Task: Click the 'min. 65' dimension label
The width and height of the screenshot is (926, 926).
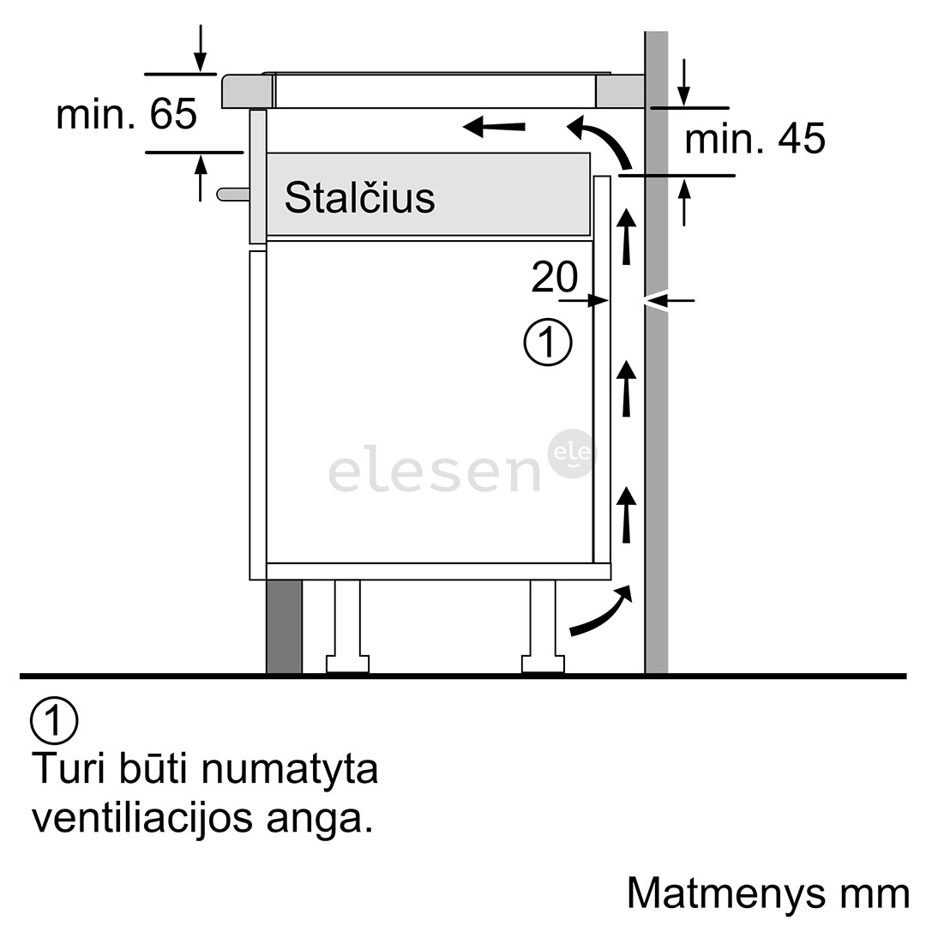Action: point(126,114)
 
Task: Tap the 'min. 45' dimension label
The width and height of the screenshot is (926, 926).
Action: point(755,139)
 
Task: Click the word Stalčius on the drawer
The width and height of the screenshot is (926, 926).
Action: point(359,197)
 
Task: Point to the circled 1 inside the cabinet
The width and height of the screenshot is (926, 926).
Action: point(548,343)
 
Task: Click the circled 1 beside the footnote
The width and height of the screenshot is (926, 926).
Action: point(54,720)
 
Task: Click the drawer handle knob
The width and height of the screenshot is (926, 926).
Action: point(232,195)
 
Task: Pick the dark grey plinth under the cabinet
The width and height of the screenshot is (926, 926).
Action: point(284,627)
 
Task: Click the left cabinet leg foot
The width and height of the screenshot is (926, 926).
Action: point(348,664)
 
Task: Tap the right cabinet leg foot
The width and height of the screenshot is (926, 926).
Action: point(543,664)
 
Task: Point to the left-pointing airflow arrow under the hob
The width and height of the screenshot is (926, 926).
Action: point(494,126)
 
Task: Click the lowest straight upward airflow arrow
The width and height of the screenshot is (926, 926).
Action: point(626,514)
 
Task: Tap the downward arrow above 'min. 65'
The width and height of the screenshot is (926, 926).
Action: point(201,48)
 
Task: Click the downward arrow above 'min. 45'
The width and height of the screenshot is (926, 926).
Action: point(684,82)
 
